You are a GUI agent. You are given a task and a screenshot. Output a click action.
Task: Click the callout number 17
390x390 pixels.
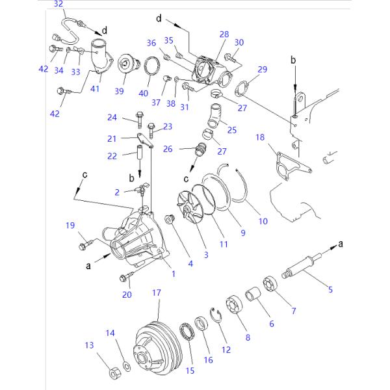[156, 293]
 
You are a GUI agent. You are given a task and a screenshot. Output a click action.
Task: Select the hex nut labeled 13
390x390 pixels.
[112, 374]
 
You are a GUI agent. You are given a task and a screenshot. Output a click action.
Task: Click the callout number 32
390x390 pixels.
[58, 5]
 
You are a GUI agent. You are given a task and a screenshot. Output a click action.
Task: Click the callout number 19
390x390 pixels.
[70, 226]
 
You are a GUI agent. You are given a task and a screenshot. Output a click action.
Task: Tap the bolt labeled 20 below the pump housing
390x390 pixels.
[125, 278]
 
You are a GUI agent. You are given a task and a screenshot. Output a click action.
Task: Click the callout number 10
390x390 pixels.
[263, 221]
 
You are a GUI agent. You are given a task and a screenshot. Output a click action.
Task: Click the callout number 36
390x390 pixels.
[151, 43]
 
